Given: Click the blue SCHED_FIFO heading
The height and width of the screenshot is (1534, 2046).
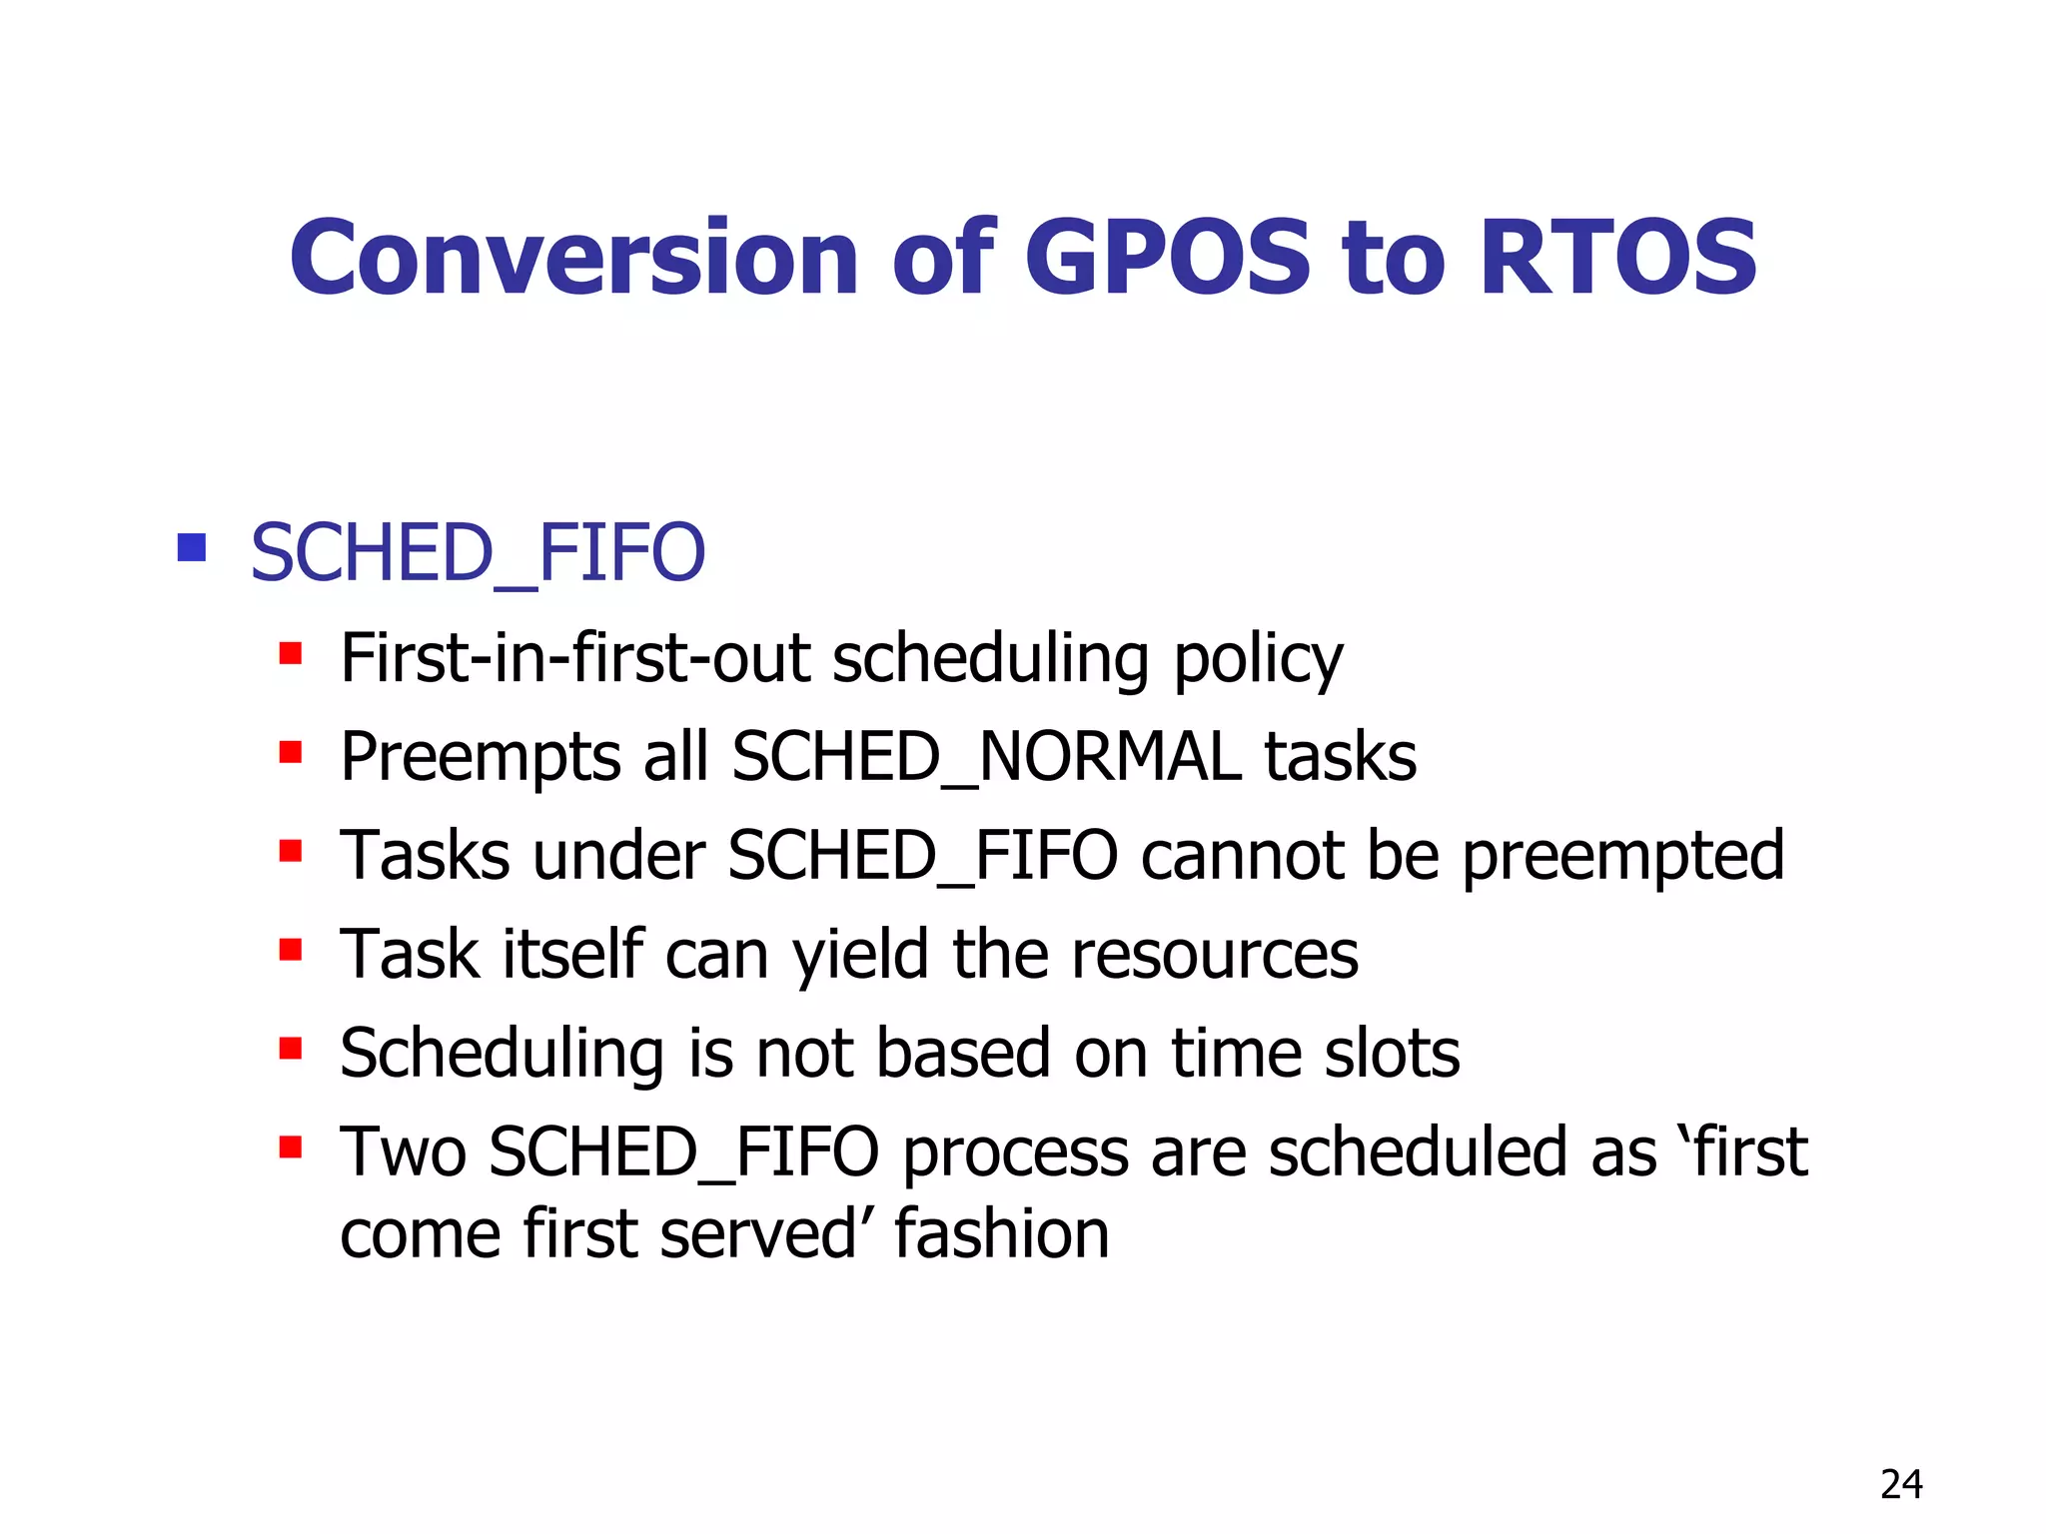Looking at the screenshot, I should [x=478, y=553].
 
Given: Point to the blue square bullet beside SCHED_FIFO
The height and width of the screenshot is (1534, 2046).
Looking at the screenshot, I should [x=191, y=547].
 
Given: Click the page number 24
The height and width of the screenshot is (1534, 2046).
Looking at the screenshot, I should [x=1900, y=1485].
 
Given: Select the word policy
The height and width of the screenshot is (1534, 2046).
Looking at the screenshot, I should [x=1258, y=660].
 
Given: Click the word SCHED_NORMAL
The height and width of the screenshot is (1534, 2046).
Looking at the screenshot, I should [x=987, y=756].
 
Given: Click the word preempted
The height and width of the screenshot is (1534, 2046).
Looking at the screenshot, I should [x=1622, y=857].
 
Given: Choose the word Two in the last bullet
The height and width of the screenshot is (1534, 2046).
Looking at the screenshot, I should [x=403, y=1151].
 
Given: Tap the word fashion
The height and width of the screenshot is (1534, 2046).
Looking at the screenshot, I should [x=1001, y=1233].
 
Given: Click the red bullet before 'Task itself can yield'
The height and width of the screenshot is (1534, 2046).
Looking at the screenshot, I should [x=291, y=949].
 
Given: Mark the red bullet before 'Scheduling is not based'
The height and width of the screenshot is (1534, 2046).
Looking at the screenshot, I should [x=291, y=1048].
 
